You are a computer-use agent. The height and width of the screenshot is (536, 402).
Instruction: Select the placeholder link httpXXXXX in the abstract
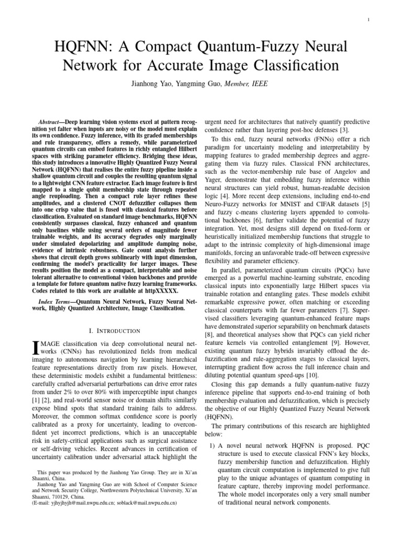[162, 290]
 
